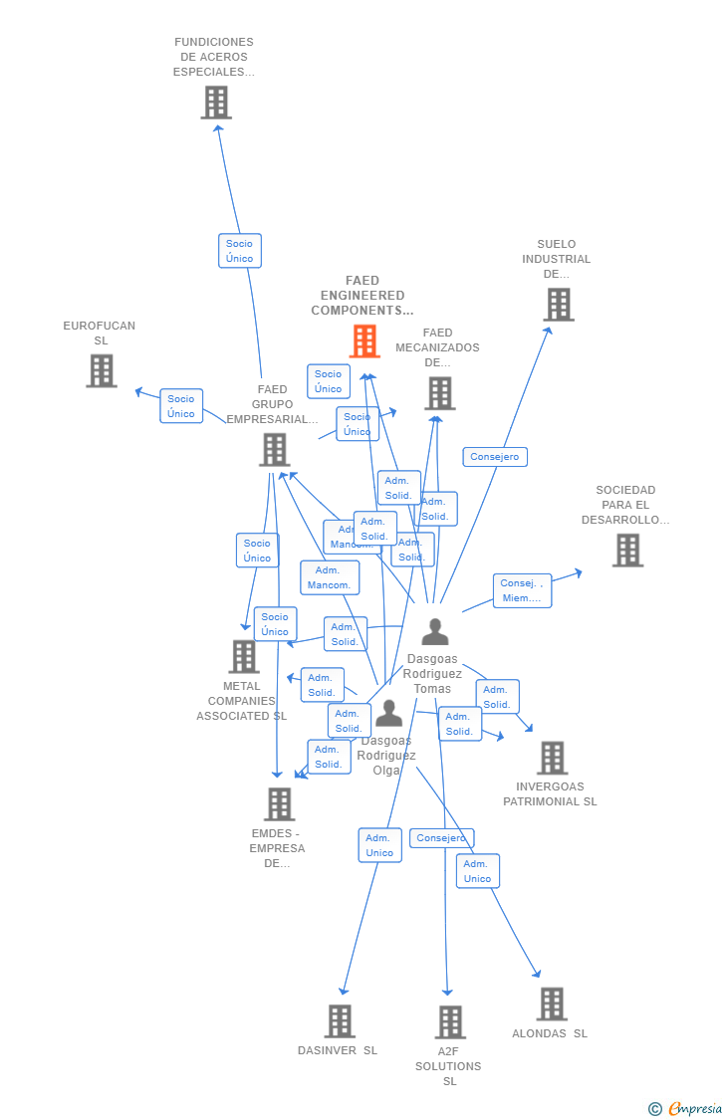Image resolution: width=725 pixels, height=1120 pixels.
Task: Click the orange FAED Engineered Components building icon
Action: (364, 341)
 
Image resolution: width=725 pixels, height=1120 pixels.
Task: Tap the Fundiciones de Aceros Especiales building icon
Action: (216, 102)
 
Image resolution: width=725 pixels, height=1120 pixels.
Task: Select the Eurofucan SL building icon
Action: (101, 370)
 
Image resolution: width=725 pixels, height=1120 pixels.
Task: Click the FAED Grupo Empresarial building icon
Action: (274, 449)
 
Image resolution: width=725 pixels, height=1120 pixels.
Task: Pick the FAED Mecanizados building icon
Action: (439, 393)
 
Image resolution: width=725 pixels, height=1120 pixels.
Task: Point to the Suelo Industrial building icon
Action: (559, 305)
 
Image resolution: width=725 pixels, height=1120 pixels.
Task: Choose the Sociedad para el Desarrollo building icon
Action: (627, 550)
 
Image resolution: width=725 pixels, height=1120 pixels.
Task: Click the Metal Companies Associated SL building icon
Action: (244, 657)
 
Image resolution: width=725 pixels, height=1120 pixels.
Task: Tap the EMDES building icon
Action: (279, 804)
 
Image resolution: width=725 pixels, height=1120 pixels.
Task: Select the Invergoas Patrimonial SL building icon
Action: (552, 758)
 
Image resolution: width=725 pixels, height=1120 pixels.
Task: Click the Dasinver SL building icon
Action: (340, 1020)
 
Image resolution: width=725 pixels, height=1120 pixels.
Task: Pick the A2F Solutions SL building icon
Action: (450, 1021)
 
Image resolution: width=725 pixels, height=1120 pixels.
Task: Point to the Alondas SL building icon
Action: (552, 1004)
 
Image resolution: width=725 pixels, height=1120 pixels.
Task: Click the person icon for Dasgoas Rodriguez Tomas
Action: (434, 632)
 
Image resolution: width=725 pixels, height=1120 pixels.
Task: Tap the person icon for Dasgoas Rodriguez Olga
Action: (388, 714)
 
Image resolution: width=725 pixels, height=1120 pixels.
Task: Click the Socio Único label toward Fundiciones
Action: (240, 251)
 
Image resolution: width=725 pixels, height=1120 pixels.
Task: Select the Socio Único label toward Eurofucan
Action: (181, 406)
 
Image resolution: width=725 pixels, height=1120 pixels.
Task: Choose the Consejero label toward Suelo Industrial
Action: (495, 457)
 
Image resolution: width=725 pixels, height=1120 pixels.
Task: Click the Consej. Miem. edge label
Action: (522, 590)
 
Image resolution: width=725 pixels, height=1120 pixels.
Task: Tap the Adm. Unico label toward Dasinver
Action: (379, 845)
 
